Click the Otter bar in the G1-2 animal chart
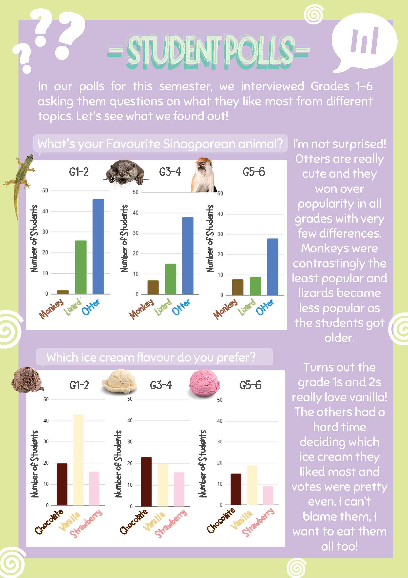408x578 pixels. pos(98,246)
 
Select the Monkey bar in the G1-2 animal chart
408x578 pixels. pos(63,292)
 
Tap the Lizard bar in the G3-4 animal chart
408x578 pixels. pos(171,279)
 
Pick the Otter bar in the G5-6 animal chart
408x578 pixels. pos(273,267)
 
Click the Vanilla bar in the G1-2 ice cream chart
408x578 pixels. pos(78,460)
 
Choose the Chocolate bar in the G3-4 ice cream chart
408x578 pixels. pos(146,482)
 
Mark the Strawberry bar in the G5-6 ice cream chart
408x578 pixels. pos(268,495)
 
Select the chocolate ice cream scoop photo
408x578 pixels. pos(27,380)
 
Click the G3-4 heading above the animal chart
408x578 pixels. pos(170,172)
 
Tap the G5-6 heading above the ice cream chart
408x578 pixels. pos(251,385)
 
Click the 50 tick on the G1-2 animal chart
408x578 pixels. pos(45,190)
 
